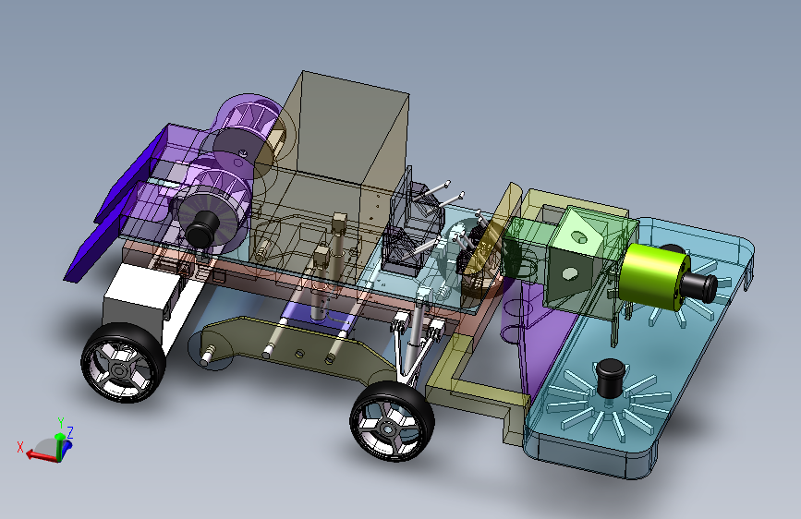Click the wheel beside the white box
click(123, 362)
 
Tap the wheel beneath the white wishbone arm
click(392, 420)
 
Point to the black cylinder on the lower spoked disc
click(611, 378)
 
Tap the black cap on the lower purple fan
click(202, 228)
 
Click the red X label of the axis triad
click(20, 447)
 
